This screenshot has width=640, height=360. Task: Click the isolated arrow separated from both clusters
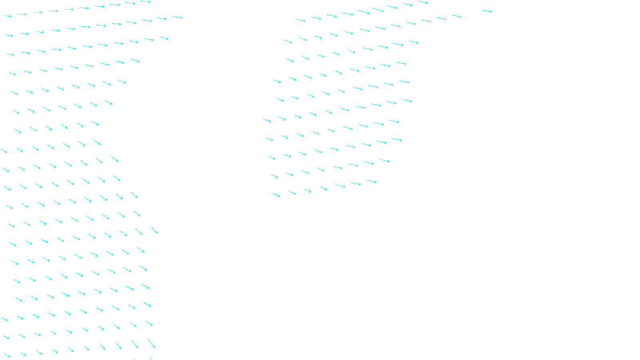pyautogui.click(x=487, y=11)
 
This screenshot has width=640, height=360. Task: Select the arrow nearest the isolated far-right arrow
pyautogui.click(x=456, y=16)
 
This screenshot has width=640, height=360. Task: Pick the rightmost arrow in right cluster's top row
pyautogui.click(x=423, y=2)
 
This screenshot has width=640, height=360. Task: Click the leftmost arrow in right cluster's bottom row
pyautogui.click(x=276, y=195)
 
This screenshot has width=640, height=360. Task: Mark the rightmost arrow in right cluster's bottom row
pyautogui.click(x=372, y=181)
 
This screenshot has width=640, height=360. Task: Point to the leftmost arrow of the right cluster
pyautogui.click(x=267, y=120)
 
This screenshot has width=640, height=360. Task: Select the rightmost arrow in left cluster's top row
pyautogui.click(x=145, y=2)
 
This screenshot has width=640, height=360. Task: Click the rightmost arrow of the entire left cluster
pyautogui.click(x=177, y=17)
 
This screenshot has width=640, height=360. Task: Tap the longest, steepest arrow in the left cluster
pyautogui.click(x=151, y=343)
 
